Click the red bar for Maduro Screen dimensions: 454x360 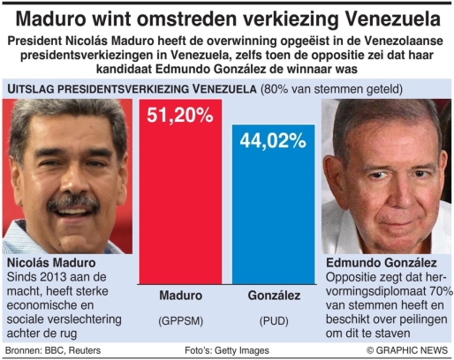pos(180,191)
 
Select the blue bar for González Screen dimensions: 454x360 pos(274,205)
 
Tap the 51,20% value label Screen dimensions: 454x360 pos(180,115)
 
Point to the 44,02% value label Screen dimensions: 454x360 pos(273,140)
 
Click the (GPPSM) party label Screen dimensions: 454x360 pos(181,321)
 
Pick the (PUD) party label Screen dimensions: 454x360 pos(274,321)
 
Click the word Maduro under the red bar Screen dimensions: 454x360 pos(181,296)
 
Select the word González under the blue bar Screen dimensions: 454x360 pos(274,296)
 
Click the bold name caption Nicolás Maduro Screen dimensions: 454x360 pos(51,263)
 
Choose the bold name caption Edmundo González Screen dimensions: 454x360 pos(382,263)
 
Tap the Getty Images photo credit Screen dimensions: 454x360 pos(242,350)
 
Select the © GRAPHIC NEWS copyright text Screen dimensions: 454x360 pos(407,350)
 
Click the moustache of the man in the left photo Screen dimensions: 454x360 pos(73,203)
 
